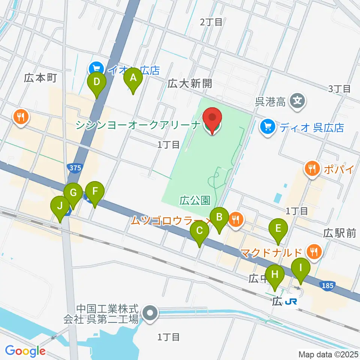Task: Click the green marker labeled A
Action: tap(133, 78)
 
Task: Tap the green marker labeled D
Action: tap(97, 82)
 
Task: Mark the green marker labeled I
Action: tap(300, 269)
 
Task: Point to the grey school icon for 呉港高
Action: tap(298, 101)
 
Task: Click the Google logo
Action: tap(25, 351)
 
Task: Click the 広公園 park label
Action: tap(194, 201)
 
